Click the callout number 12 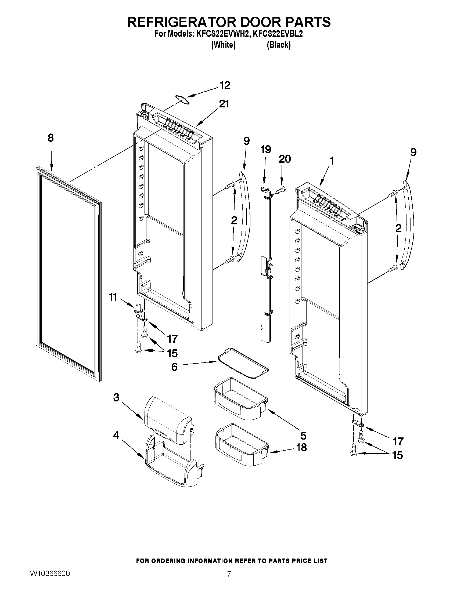point(225,85)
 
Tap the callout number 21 point(224,104)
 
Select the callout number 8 point(51,138)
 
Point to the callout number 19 point(266,150)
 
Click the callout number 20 point(285,159)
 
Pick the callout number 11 point(113,297)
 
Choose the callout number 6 point(174,367)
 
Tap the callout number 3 point(116,397)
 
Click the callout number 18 point(301,448)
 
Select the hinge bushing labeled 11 point(138,307)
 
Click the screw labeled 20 point(280,190)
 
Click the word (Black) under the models point(279,45)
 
